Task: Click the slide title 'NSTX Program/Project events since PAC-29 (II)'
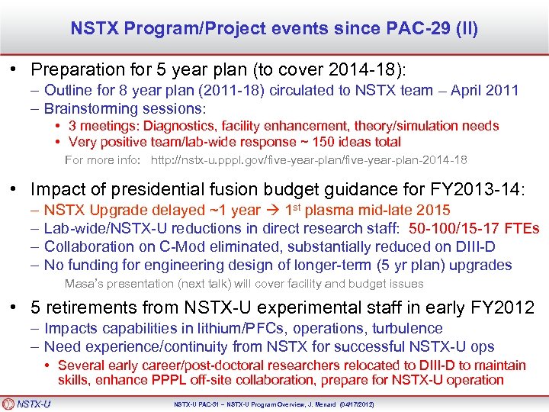[274, 29]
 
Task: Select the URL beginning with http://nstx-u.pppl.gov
[309, 160]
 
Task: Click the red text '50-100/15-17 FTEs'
[474, 228]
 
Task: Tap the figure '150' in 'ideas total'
[325, 142]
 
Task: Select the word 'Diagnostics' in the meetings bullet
[170, 126]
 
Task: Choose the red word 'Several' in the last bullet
[80, 365]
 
